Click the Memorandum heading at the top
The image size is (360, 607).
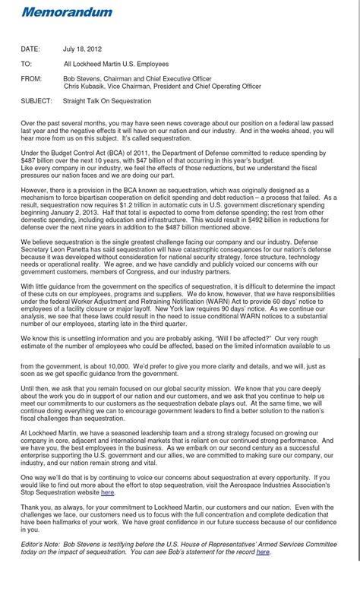67,12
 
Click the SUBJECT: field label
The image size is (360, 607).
36,100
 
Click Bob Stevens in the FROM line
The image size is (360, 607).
84,79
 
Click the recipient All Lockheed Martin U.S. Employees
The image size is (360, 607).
115,65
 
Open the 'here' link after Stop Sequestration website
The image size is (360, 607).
108,492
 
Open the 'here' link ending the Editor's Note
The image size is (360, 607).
263,552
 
